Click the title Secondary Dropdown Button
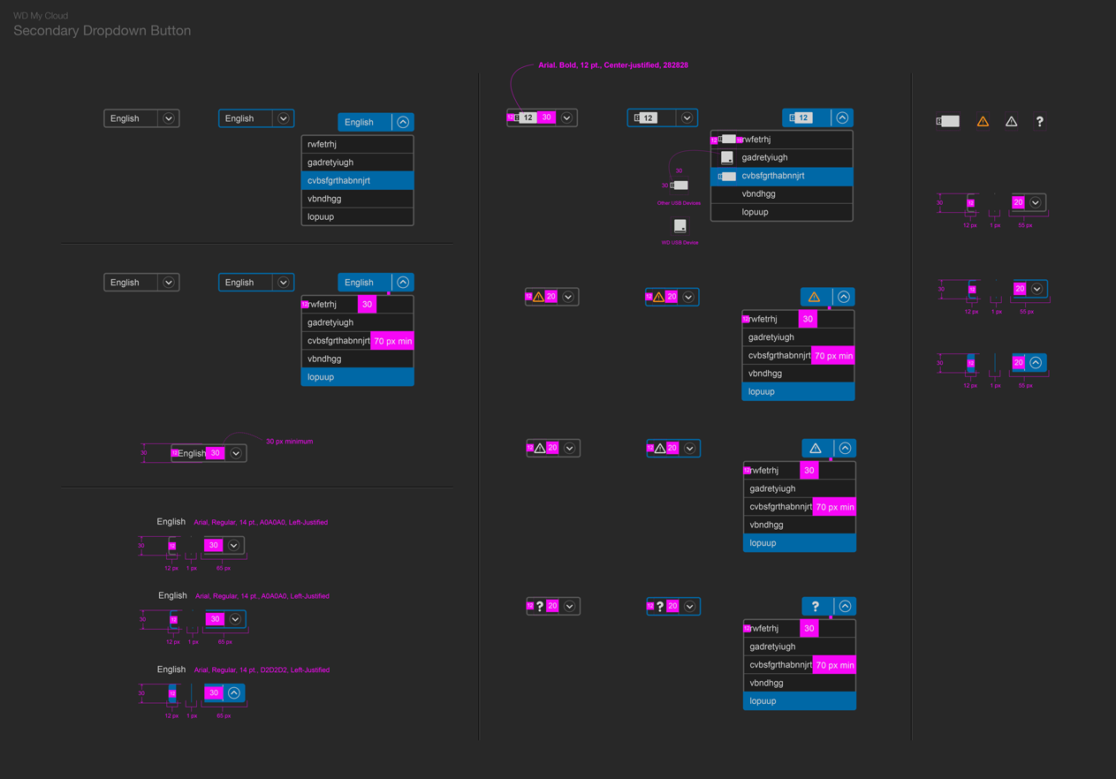(x=102, y=31)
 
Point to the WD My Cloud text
(x=41, y=16)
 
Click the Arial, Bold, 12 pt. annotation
(x=613, y=65)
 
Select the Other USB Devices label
(x=679, y=203)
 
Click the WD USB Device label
(x=679, y=243)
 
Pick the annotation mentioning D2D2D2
(x=262, y=670)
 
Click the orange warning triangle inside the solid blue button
(x=815, y=298)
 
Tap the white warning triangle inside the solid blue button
(x=816, y=449)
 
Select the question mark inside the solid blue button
(x=816, y=607)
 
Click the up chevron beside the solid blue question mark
(x=845, y=607)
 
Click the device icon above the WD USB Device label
(x=679, y=226)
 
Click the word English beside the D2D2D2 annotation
(x=171, y=669)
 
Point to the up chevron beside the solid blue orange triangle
(x=844, y=298)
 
